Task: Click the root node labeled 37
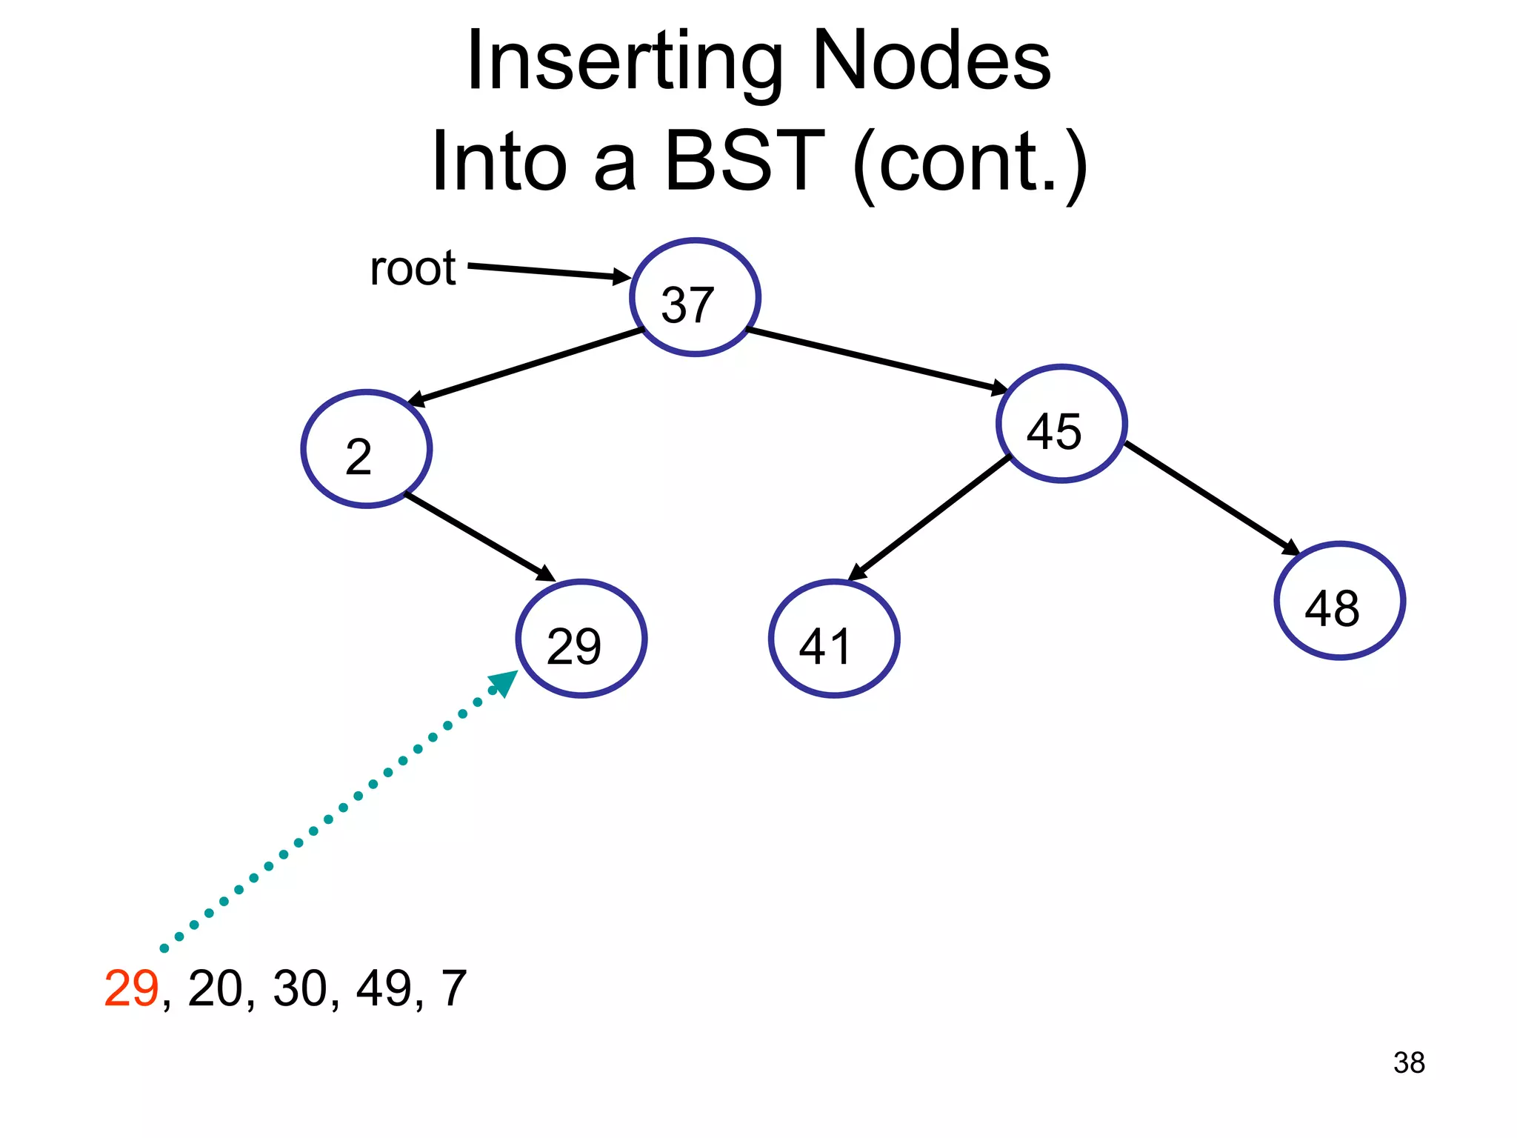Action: tap(695, 297)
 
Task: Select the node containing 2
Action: tap(367, 449)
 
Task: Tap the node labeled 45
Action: tap(1061, 424)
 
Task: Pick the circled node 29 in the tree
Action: tap(581, 639)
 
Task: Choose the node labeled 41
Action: tap(834, 639)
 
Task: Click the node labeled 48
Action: tap(1339, 601)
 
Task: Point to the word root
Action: tap(413, 268)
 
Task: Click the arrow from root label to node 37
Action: tap(548, 271)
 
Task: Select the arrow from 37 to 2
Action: tap(526, 367)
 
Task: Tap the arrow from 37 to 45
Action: tap(878, 359)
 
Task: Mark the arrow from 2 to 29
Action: tap(480, 537)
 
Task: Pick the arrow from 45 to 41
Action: tap(930, 518)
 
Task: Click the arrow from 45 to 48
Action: tap(1212, 498)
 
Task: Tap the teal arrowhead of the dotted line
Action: tap(505, 682)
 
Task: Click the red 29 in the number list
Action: tap(131, 988)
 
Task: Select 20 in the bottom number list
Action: tap(216, 988)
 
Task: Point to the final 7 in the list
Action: tap(454, 988)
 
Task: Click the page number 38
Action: tap(1409, 1062)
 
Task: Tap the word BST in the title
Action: tap(744, 161)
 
